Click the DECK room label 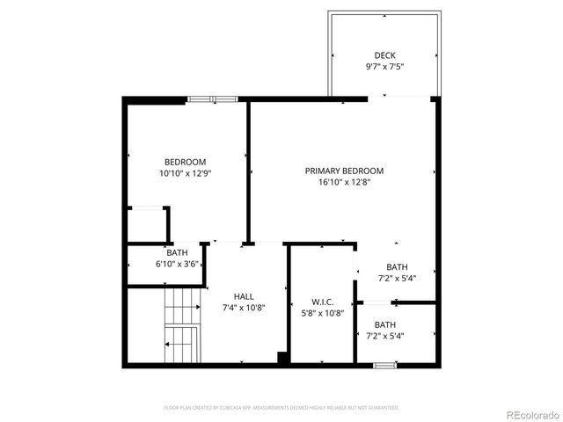(x=384, y=55)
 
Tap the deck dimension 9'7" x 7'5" (x=384, y=67)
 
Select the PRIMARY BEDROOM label (x=344, y=171)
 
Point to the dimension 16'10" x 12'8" (x=344, y=183)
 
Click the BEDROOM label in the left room (x=185, y=162)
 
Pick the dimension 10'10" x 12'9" (x=185, y=174)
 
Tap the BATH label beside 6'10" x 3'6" (x=165, y=253)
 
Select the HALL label (x=244, y=296)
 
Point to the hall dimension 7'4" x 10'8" (x=244, y=308)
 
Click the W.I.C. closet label (x=322, y=302)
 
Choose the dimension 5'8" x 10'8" (x=322, y=313)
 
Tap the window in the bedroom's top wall (x=212, y=99)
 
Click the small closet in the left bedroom (x=148, y=224)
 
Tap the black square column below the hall (x=283, y=358)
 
